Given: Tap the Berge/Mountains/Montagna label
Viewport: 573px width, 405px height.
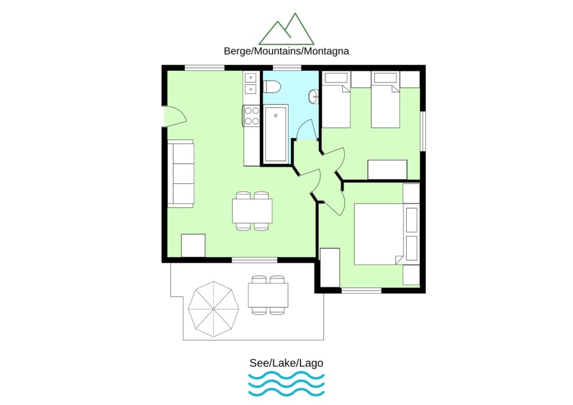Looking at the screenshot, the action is coord(286,51).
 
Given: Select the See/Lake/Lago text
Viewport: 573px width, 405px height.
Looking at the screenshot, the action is coord(286,363).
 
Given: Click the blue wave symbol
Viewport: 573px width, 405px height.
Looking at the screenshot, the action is coord(286,384).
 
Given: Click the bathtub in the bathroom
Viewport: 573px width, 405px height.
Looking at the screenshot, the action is coord(276,134).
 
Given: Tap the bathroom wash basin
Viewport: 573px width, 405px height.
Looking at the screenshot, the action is coord(314,96).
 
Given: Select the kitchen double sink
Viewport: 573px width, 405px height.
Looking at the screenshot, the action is coord(251,84).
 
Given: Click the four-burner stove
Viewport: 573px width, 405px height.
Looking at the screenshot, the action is coord(251,115).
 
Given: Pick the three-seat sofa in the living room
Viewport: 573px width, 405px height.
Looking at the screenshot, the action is coord(181,173).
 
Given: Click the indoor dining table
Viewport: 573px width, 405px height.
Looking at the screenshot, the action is coord(252,211).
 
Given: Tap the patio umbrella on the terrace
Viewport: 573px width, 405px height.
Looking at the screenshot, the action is coord(213,309).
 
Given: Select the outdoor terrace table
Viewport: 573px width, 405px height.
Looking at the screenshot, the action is coord(268,295).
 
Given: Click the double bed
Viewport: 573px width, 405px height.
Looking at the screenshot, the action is coord(379,234).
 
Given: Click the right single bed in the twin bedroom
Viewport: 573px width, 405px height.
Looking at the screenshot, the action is coord(385,100).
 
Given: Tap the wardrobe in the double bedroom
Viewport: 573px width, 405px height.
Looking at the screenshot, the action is coord(330,268).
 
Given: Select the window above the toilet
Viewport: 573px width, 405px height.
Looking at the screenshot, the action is coord(287,68).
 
